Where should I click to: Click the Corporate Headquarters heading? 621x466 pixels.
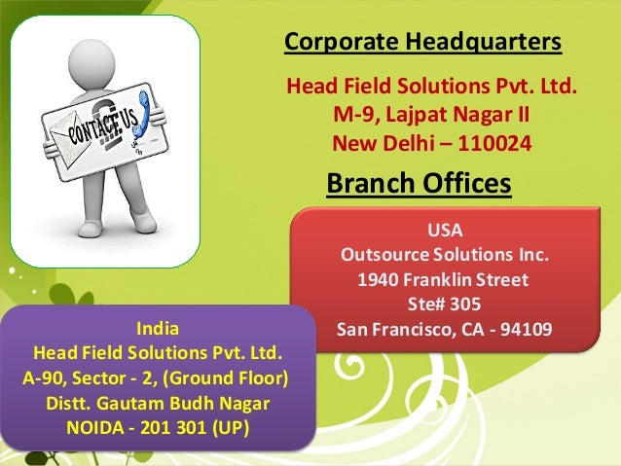coord(421,42)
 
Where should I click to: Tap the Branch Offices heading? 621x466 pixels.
coord(419,183)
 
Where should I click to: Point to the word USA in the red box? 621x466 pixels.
coord(445,232)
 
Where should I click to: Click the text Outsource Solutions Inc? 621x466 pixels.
coord(444,257)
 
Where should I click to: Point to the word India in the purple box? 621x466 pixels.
coord(158,326)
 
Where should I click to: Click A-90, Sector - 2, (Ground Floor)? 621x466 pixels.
coord(158,376)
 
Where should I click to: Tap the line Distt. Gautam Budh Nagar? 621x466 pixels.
coord(158,402)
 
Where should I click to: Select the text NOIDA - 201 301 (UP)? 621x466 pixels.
coord(158,427)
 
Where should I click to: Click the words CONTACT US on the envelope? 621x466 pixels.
coord(86,125)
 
